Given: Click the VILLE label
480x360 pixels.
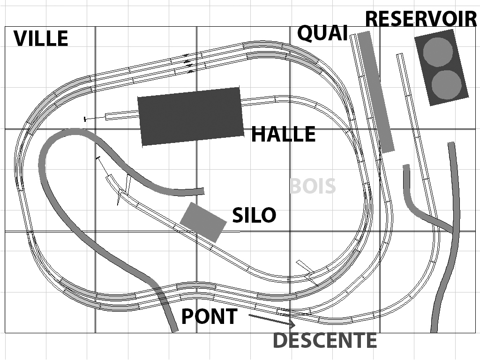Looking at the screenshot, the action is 41,38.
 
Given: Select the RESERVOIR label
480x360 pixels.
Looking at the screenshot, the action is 421,19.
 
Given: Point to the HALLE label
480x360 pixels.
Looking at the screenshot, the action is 283,134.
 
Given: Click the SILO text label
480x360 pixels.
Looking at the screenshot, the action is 254,215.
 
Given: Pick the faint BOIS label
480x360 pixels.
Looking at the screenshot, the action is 313,186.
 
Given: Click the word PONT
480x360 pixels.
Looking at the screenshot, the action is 210,316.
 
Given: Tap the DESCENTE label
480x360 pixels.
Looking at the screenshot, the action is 325,340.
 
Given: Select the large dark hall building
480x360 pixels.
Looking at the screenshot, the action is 190,116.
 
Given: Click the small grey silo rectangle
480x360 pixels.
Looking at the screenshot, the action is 203,223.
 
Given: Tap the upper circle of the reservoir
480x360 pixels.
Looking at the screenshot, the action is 438,52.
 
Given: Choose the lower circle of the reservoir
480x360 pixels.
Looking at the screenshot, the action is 447,84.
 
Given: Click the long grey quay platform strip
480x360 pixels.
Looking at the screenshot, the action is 375,92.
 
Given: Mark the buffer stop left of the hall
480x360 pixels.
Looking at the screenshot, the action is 85,119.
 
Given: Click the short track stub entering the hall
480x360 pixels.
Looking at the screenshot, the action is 122,115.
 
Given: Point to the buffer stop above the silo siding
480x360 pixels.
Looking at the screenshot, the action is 98,158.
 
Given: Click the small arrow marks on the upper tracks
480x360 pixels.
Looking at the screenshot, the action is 188,63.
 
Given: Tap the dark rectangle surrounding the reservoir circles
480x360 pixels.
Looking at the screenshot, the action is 442,67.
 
